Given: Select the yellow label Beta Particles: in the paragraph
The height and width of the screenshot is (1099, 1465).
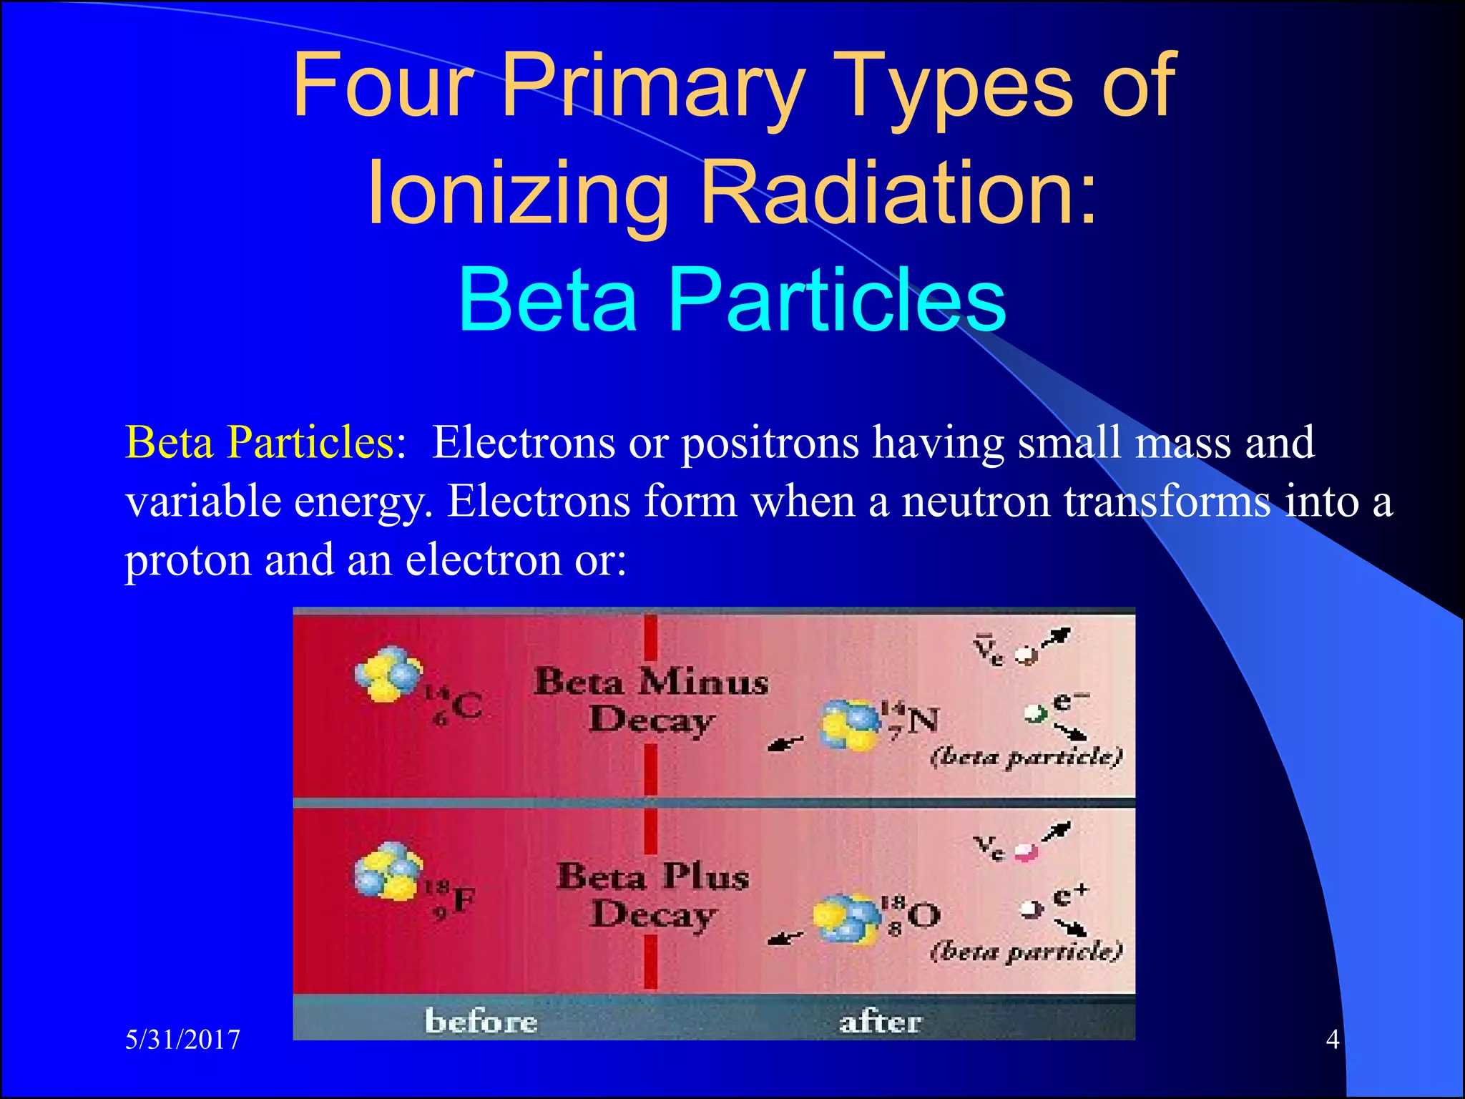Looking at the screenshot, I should tap(265, 441).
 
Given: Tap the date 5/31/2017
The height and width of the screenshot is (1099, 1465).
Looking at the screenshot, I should tap(182, 1039).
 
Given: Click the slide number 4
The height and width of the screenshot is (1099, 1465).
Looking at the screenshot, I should tap(1332, 1039).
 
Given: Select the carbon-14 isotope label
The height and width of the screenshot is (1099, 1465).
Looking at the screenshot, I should tap(455, 705).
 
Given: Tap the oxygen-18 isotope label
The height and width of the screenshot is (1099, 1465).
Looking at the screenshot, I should tap(911, 914).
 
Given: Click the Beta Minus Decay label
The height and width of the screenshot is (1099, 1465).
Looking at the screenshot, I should tap(651, 700).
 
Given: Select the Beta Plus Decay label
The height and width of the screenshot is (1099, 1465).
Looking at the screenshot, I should tap(652, 894).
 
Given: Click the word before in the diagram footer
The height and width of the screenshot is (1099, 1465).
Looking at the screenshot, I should tap(481, 1021).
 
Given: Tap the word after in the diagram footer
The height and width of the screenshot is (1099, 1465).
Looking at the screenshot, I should tap(880, 1022).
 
